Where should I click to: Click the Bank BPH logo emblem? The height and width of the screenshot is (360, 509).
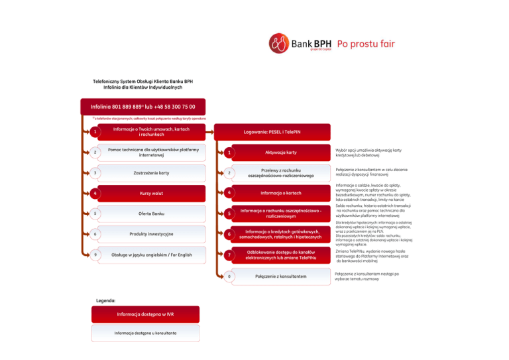click(x=278, y=44)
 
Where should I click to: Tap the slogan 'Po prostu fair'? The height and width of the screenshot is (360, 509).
click(x=366, y=44)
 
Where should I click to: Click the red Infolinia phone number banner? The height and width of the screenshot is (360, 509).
click(x=142, y=106)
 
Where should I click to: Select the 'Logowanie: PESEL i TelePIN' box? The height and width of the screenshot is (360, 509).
click(x=276, y=133)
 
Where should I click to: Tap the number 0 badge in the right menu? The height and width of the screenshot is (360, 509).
click(x=228, y=276)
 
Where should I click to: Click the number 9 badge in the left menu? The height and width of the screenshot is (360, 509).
click(x=96, y=255)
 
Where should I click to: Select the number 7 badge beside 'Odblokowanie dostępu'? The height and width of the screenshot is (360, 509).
click(x=228, y=255)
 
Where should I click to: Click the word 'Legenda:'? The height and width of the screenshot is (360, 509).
click(x=107, y=300)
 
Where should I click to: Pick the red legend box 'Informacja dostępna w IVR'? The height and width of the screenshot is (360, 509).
click(x=145, y=314)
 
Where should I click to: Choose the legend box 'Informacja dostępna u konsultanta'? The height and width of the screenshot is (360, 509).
click(x=145, y=333)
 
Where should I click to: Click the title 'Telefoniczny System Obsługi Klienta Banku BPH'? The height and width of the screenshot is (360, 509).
click(x=142, y=82)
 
